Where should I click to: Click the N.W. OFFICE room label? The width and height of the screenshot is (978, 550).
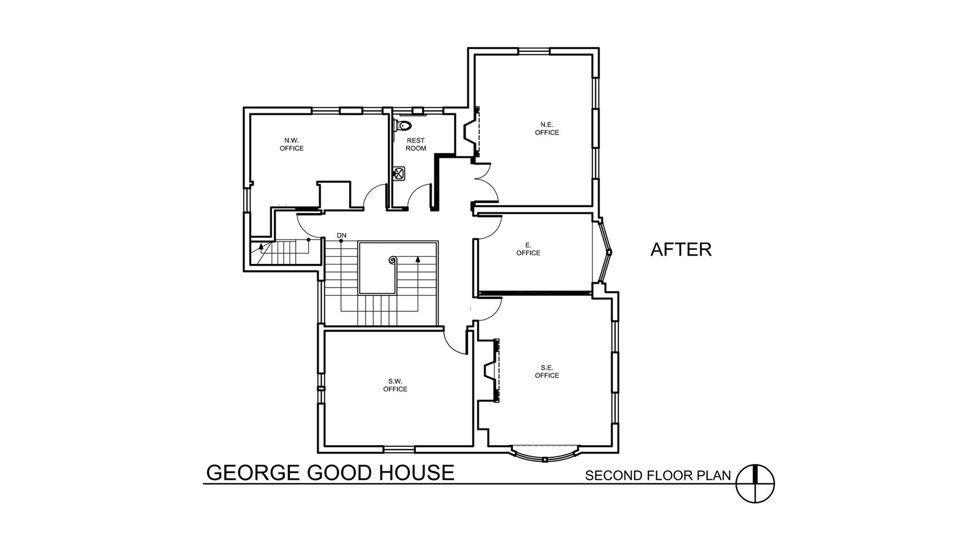pos(292,144)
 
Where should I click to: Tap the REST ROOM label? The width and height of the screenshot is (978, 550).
pos(416,144)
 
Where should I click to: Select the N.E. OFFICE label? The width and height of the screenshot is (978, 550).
pos(547,128)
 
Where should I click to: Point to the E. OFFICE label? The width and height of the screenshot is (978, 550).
pos(528,249)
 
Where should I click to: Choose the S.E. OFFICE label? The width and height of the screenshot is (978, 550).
pos(547,371)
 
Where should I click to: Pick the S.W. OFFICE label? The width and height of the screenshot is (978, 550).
pos(395,385)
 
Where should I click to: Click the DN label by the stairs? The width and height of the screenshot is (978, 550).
pos(341,235)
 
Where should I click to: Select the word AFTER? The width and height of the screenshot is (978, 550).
pos(681,250)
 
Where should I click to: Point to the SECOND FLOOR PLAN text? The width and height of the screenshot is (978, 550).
pos(658,476)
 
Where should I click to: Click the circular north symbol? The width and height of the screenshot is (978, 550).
pos(755,484)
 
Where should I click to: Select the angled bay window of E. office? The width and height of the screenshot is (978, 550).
pos(604,251)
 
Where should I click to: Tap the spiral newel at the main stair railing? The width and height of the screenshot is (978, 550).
pos(393,260)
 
